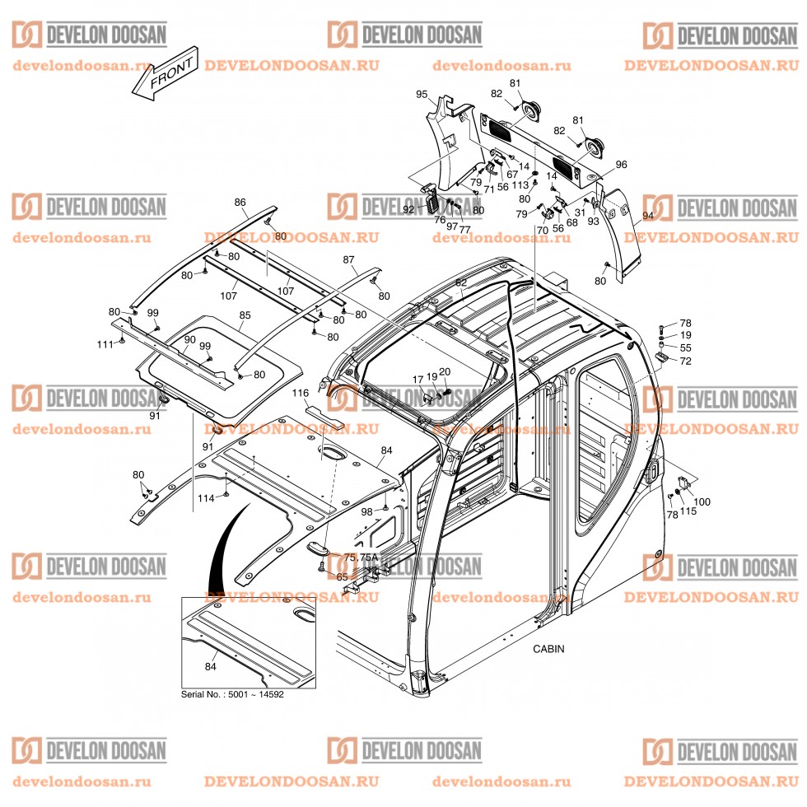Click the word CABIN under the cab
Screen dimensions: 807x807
coord(548,648)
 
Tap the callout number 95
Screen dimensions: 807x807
coord(422,95)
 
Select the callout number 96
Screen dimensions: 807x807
coord(620,165)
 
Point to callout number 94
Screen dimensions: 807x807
coord(647,215)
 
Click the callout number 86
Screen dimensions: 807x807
coord(240,202)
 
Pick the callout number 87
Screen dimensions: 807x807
coord(348,259)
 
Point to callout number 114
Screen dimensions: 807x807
coord(205,498)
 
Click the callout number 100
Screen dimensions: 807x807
coord(702,501)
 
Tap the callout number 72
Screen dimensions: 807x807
coord(685,362)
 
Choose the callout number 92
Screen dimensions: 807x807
coord(408,209)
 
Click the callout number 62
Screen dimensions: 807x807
coord(460,282)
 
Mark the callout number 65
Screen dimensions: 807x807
coord(342,577)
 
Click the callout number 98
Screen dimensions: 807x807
coord(366,511)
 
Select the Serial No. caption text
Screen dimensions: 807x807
coord(232,694)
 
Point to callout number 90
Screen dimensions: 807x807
coord(189,339)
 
